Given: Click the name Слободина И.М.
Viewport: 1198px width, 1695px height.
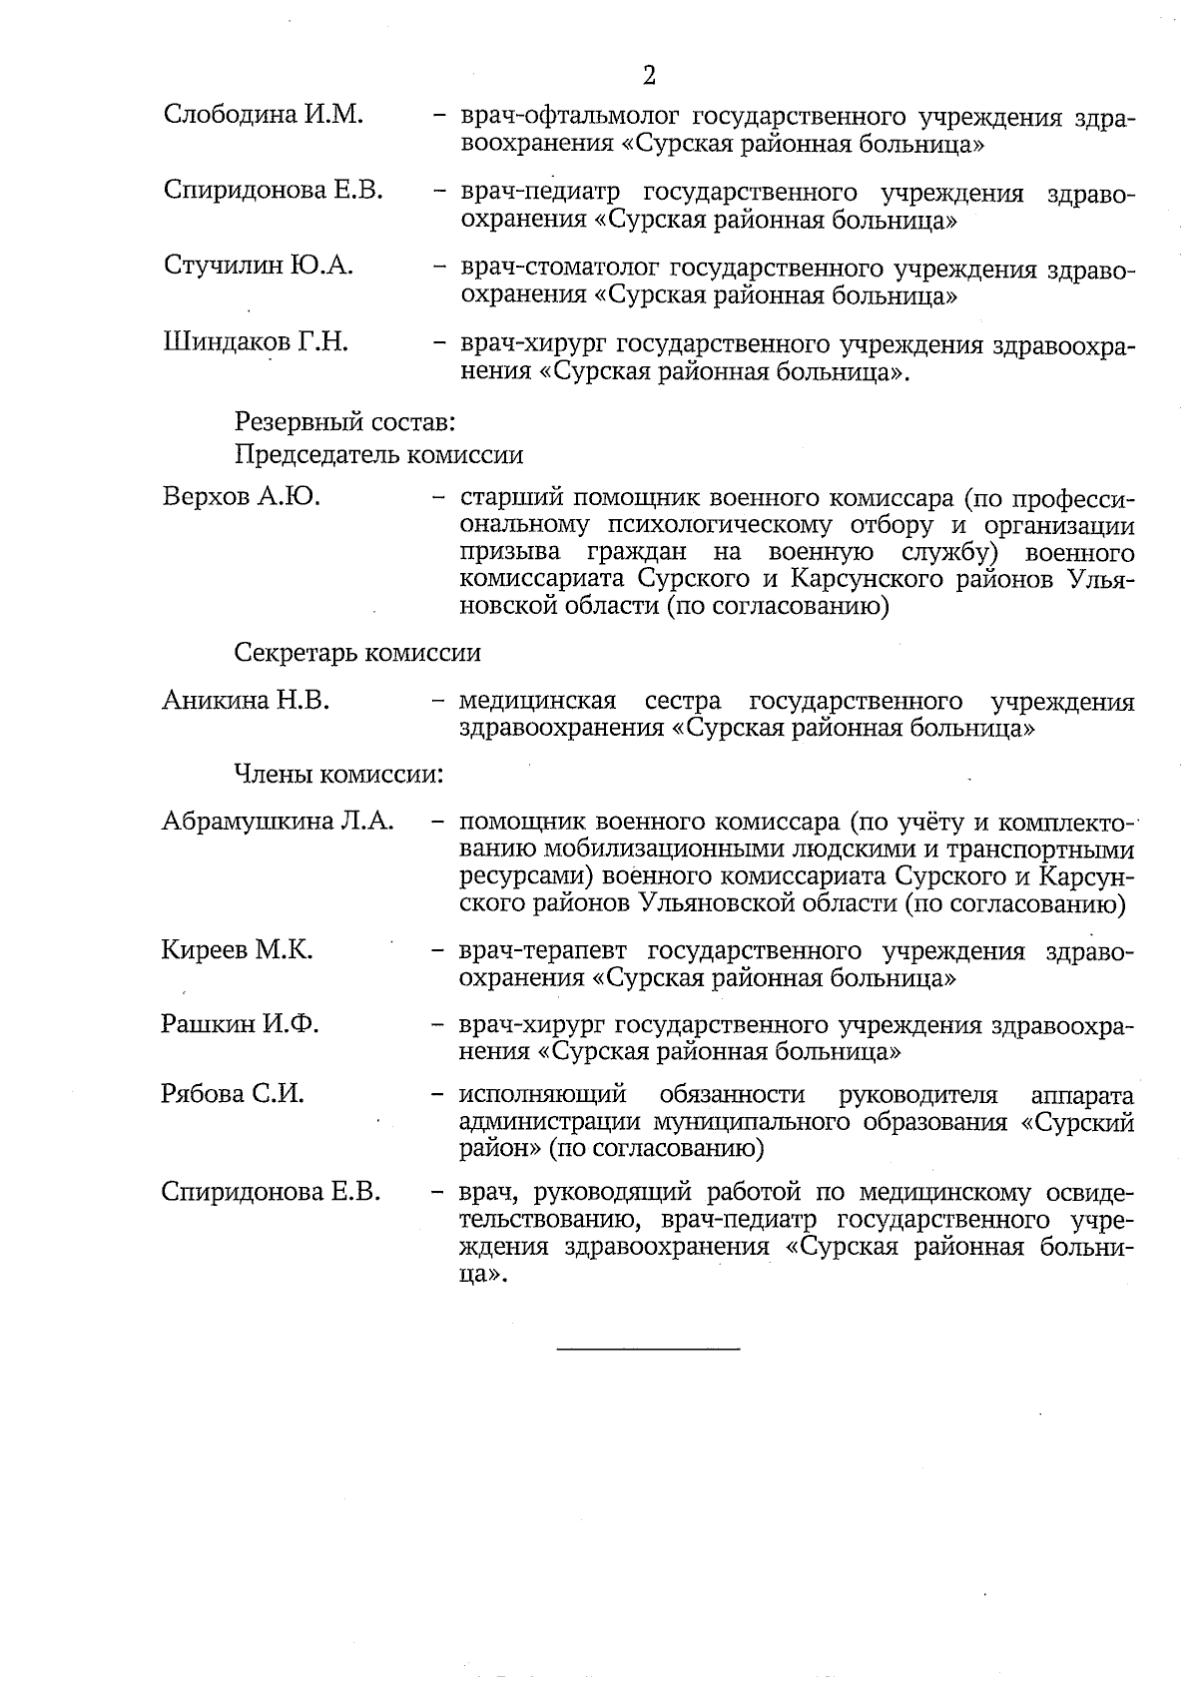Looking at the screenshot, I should tap(263, 115).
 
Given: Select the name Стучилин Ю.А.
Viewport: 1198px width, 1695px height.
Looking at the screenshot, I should tap(259, 266).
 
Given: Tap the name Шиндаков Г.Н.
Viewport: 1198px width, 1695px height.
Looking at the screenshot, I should tap(256, 342).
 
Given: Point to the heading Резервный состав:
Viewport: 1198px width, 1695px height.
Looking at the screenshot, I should tap(345, 422).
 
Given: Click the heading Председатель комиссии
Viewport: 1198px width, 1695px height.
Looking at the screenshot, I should tap(378, 455).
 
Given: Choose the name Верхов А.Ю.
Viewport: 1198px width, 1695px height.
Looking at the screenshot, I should tap(242, 497).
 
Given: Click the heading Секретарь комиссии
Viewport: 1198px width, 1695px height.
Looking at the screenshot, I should tap(357, 653).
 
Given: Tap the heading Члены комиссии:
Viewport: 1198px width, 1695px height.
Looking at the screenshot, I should tap(338, 775).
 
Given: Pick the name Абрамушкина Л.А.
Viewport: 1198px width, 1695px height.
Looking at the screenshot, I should tap(278, 823).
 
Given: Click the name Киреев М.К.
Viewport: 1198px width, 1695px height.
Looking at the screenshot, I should tap(238, 950).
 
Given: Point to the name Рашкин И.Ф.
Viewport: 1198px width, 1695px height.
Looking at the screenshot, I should tap(240, 1024).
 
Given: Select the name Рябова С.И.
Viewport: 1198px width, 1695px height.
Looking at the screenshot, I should tap(233, 1094).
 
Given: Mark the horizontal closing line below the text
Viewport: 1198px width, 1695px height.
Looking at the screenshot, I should tap(648, 1351).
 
